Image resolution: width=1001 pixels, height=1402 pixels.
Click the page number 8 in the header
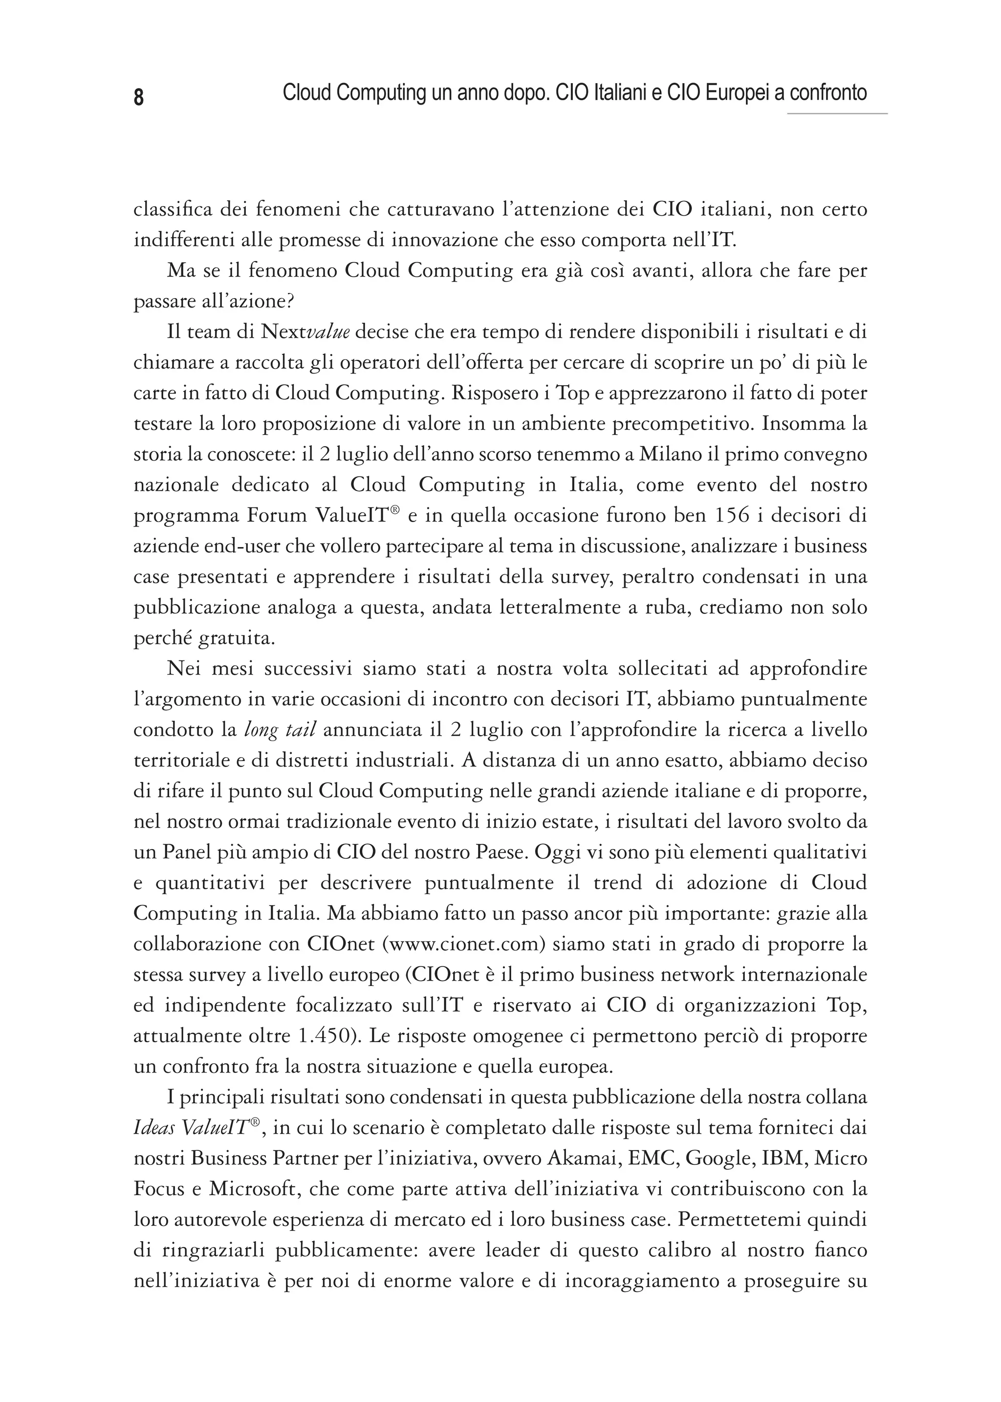(x=139, y=97)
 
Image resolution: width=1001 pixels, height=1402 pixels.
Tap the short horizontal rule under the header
(x=837, y=114)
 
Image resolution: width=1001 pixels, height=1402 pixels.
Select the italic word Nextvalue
(x=305, y=332)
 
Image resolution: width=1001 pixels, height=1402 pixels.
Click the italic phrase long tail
(x=281, y=730)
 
